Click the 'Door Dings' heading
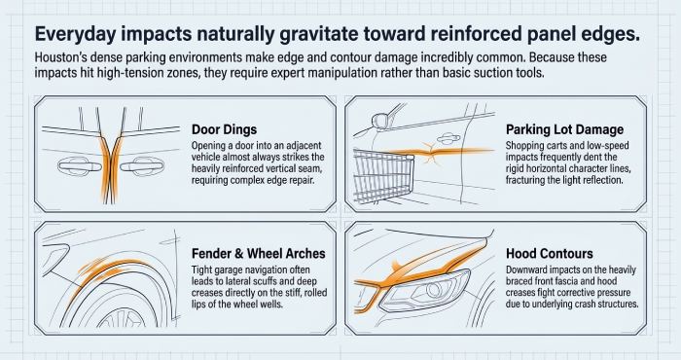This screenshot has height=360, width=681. click(224, 129)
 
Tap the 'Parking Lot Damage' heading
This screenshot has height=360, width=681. click(564, 129)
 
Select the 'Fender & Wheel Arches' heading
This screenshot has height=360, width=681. click(259, 253)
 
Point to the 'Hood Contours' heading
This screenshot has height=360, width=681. click(550, 253)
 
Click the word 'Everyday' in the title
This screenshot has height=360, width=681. click(75, 34)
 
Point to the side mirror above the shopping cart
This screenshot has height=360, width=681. click(379, 121)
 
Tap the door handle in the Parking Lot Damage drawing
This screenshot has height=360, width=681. click(449, 138)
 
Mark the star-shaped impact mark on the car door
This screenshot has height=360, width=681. click(430, 153)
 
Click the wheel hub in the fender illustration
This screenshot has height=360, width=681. click(121, 320)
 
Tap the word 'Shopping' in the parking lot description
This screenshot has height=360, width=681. click(523, 146)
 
